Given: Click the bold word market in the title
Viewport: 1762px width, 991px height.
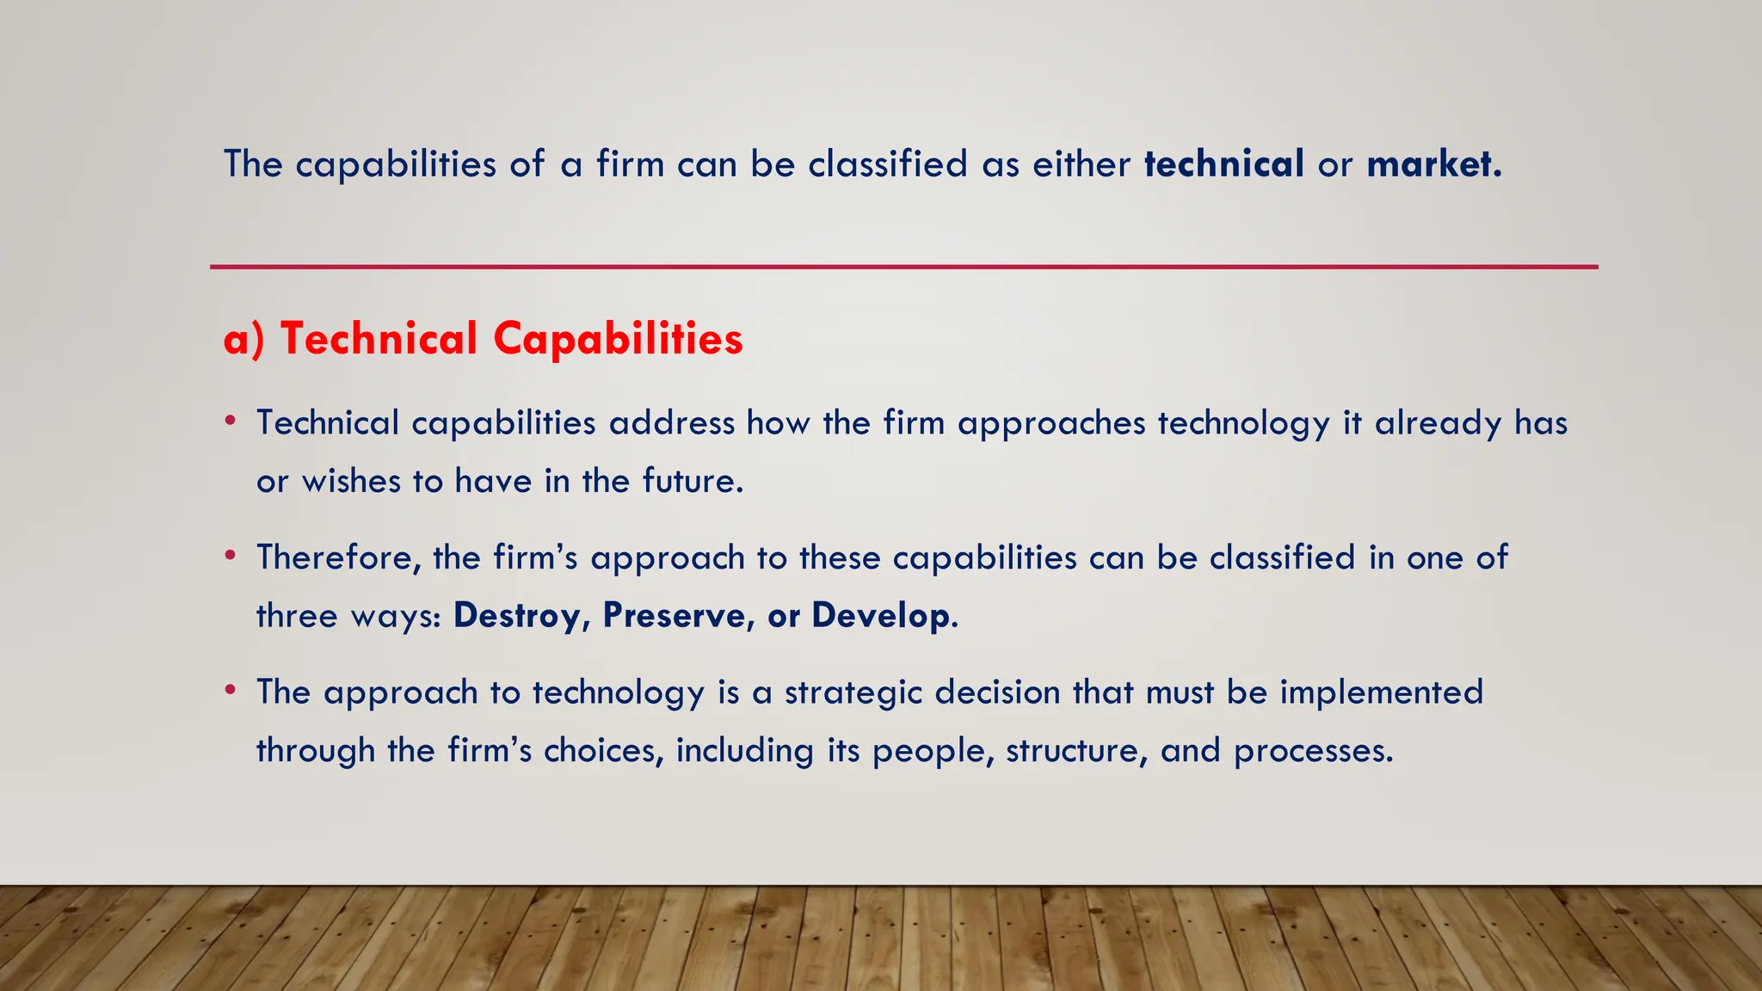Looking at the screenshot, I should point(1432,163).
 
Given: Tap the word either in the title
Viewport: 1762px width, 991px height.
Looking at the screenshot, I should point(1081,163).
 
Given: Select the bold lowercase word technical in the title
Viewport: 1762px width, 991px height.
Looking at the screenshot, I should point(1223,163).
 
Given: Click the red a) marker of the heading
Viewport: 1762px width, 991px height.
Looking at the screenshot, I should point(243,338).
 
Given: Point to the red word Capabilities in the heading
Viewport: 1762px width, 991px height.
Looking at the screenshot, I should point(618,338).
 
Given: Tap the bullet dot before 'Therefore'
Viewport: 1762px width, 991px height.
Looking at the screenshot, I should point(230,556).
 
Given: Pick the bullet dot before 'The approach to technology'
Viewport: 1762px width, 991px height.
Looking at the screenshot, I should point(230,690).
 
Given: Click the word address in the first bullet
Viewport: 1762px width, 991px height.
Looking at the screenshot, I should point(672,422).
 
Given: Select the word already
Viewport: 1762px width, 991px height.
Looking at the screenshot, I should point(1438,424).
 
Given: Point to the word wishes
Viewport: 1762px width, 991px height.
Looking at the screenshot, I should point(351,481).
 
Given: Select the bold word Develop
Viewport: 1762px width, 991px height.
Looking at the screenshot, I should point(882,616).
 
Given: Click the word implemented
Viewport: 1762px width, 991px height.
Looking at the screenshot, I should point(1381,692).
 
